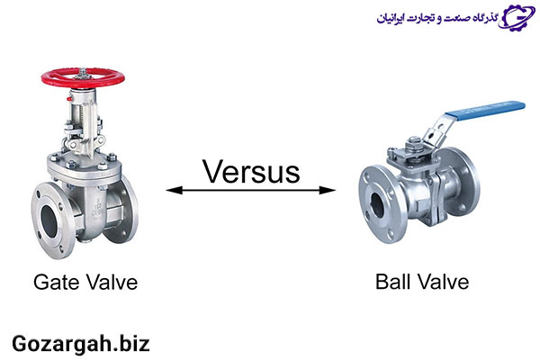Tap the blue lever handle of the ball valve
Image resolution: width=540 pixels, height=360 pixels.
pos(485,110)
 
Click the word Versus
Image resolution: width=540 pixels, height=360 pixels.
pos(251,171)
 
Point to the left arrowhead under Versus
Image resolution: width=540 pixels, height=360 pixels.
pos(175,190)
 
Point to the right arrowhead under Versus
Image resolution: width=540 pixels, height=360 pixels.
pos(328,190)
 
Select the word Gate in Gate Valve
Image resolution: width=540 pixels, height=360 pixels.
pos(58,282)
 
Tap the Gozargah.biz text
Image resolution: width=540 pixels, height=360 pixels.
pos(81,344)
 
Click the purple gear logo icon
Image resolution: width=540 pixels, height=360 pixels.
pos(517,17)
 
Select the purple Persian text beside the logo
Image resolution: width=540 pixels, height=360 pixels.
pos(437,18)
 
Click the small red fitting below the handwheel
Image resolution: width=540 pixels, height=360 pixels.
pos(70,99)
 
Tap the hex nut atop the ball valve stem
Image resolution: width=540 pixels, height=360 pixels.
pos(412,141)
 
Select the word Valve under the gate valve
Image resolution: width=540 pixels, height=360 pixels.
pos(112,282)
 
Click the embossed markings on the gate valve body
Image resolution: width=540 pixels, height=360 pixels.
pos(96,209)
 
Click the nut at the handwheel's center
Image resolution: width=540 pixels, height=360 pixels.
pos(83,73)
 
